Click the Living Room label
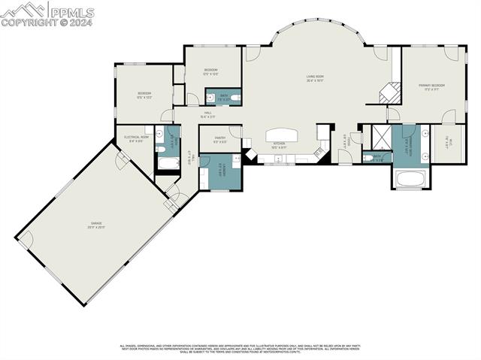click(314, 77)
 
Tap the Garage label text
click(98, 224)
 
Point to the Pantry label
click(219, 139)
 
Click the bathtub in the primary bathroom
click(410, 179)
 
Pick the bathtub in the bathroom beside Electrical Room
click(167, 162)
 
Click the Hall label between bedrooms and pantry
click(207, 116)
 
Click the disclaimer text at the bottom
click(240, 349)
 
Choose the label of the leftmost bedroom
click(144, 95)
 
